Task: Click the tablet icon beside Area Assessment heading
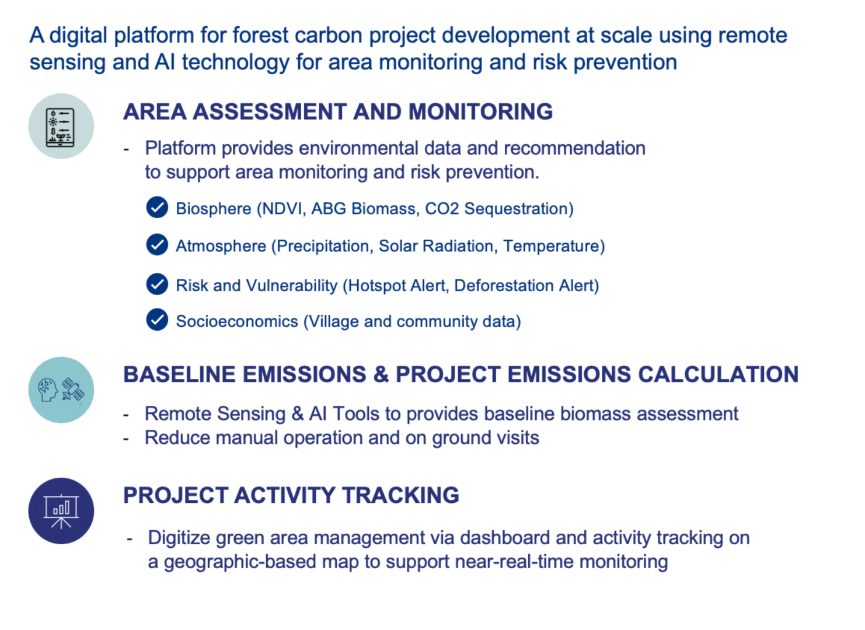click(61, 127)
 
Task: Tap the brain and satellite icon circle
click(61, 390)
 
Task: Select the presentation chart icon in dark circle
click(61, 511)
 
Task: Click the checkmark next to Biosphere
click(157, 207)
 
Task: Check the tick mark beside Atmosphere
click(157, 245)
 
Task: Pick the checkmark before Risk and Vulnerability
click(157, 284)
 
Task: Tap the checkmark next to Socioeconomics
click(157, 320)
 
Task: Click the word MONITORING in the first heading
click(480, 112)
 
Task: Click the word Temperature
click(551, 246)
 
